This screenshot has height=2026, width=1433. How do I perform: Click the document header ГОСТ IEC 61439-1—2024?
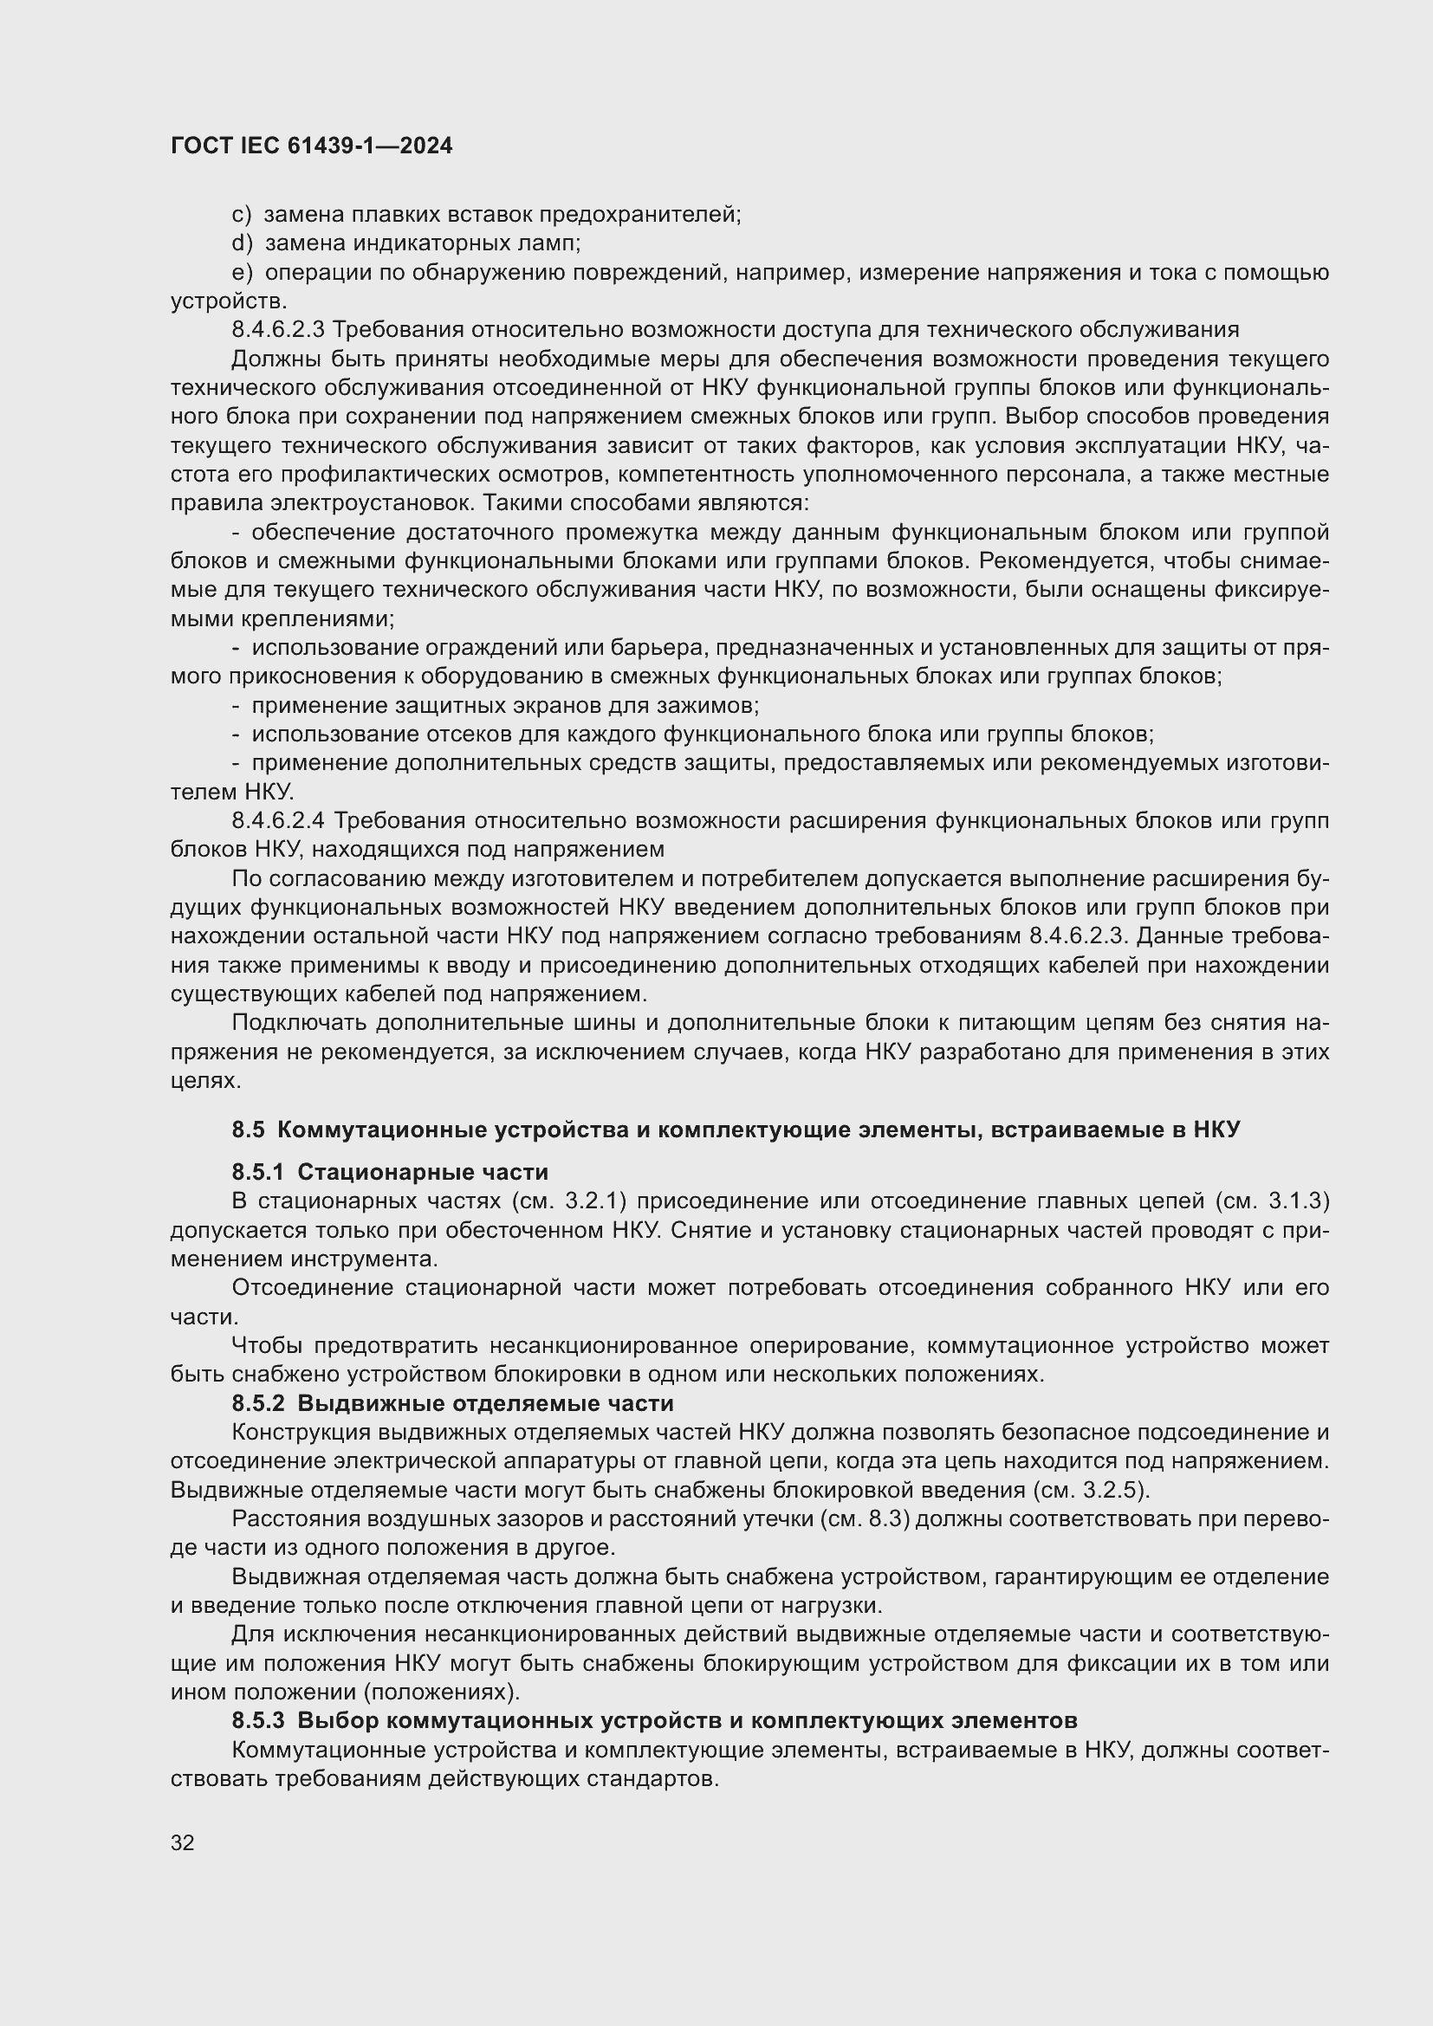312,146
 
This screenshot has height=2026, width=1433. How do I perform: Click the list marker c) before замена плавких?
241,215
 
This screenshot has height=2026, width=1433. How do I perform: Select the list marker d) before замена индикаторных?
242,243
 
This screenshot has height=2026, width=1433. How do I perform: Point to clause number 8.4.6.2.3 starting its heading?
278,330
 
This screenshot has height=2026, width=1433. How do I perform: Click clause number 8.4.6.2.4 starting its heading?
278,820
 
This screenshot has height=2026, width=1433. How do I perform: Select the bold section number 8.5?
248,1130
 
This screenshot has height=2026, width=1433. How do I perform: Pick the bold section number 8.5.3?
258,1721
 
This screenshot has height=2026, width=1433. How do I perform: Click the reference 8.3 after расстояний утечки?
882,1519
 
